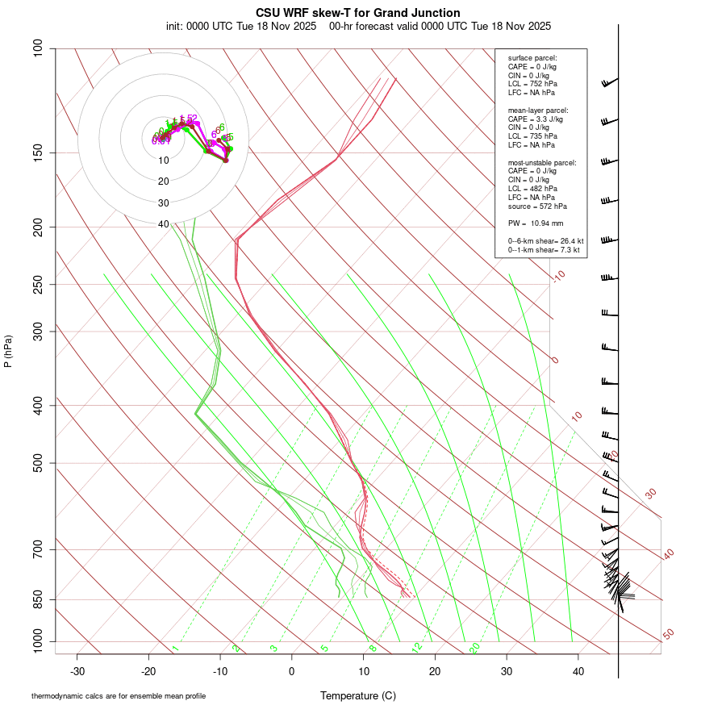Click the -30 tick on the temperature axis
tap(77, 671)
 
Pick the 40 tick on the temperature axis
tap(578, 671)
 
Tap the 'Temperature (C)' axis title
tap(358, 695)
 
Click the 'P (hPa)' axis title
tap(8, 352)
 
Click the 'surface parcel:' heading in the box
tap(532, 58)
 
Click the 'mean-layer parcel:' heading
tap(538, 111)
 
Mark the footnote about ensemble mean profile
tap(119, 696)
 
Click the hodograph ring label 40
tap(164, 224)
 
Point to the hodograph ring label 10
tap(164, 161)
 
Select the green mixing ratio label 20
tap(474, 647)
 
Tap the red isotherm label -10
tap(559, 277)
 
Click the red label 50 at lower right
tap(669, 635)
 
